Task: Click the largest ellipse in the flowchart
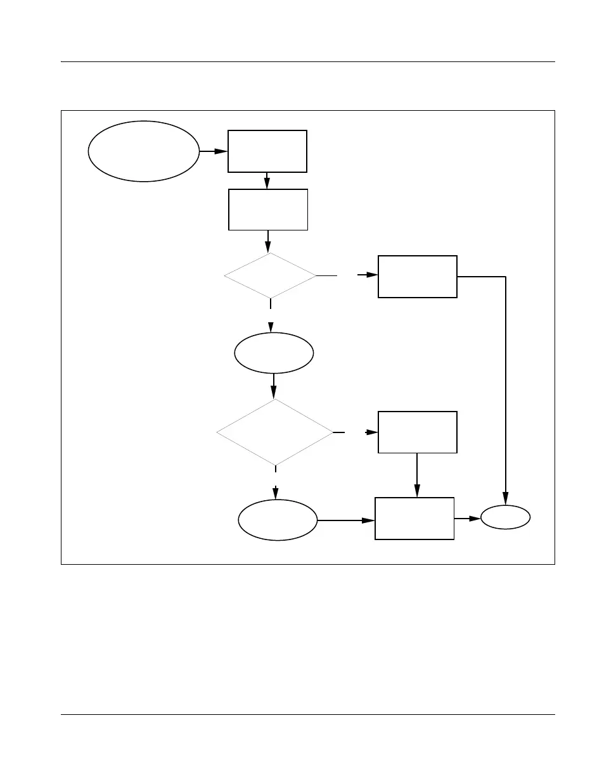click(143, 151)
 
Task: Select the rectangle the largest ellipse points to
click(267, 151)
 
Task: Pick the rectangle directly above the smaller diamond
click(267, 210)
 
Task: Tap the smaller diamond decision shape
click(270, 276)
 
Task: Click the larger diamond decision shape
click(274, 432)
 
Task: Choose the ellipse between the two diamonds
click(274, 353)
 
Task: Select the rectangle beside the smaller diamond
click(417, 277)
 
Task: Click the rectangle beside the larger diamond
click(417, 432)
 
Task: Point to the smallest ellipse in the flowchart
click(505, 519)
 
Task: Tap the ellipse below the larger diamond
click(278, 520)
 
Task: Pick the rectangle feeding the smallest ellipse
click(414, 519)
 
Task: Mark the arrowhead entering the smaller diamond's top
click(269, 248)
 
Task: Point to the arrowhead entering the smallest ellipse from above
click(506, 501)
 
